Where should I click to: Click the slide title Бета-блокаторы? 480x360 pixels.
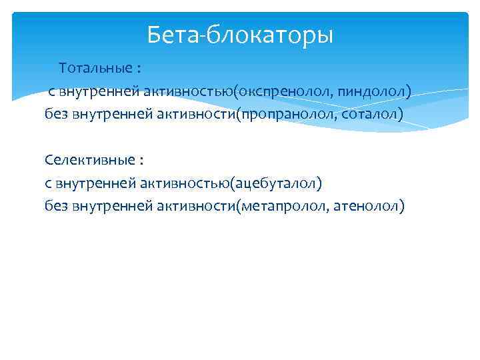point(240,33)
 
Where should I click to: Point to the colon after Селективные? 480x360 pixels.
point(141,161)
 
